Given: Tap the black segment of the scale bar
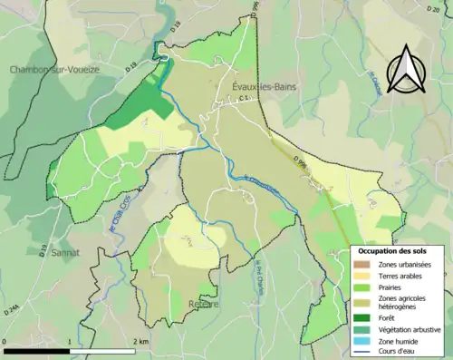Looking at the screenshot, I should [x=36, y=349].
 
